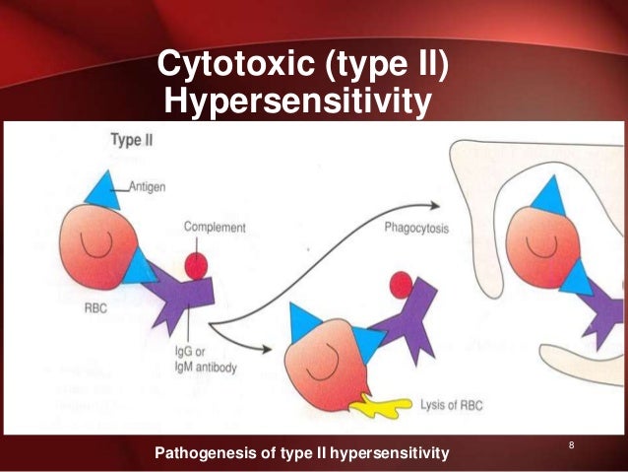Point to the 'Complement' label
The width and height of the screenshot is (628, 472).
[x=215, y=228]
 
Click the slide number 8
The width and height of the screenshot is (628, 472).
[x=571, y=448]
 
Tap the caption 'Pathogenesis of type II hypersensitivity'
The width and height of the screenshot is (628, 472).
[x=302, y=452]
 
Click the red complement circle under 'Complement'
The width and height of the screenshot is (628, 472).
[x=198, y=266]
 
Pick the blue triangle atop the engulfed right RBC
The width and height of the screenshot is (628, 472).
[x=541, y=201]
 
